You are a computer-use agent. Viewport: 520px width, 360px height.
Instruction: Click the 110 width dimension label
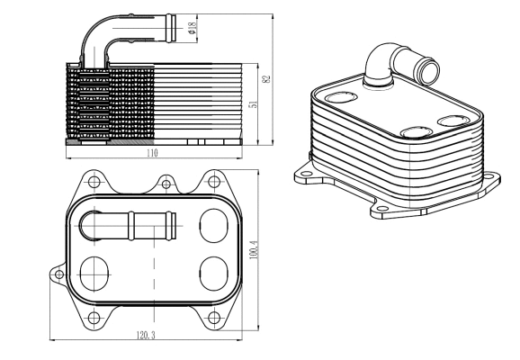coord(153,154)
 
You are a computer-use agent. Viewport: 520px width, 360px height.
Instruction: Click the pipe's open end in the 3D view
coord(420,68)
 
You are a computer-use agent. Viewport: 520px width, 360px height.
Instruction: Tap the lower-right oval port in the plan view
coord(211,271)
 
